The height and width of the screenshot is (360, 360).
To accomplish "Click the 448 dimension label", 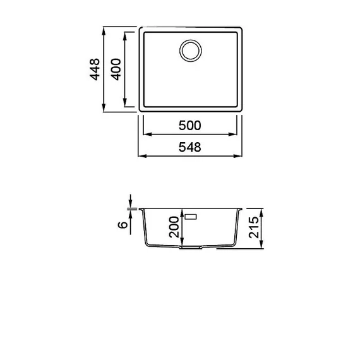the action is point(95,69).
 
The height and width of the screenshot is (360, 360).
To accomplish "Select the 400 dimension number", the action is point(116,69).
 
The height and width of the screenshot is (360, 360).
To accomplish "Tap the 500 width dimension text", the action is point(189,126).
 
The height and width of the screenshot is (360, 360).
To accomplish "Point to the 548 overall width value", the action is point(189,147).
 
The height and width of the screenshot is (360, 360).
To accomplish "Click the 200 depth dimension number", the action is point(174,227).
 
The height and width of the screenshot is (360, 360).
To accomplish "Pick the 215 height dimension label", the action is point(254,227).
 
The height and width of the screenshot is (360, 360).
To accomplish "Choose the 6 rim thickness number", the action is point(123,225).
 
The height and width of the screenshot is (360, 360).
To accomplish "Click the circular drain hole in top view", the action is point(191,51).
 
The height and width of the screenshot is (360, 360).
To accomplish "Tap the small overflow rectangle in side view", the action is point(191,217).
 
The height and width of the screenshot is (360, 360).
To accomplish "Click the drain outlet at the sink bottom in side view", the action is point(191,248).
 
